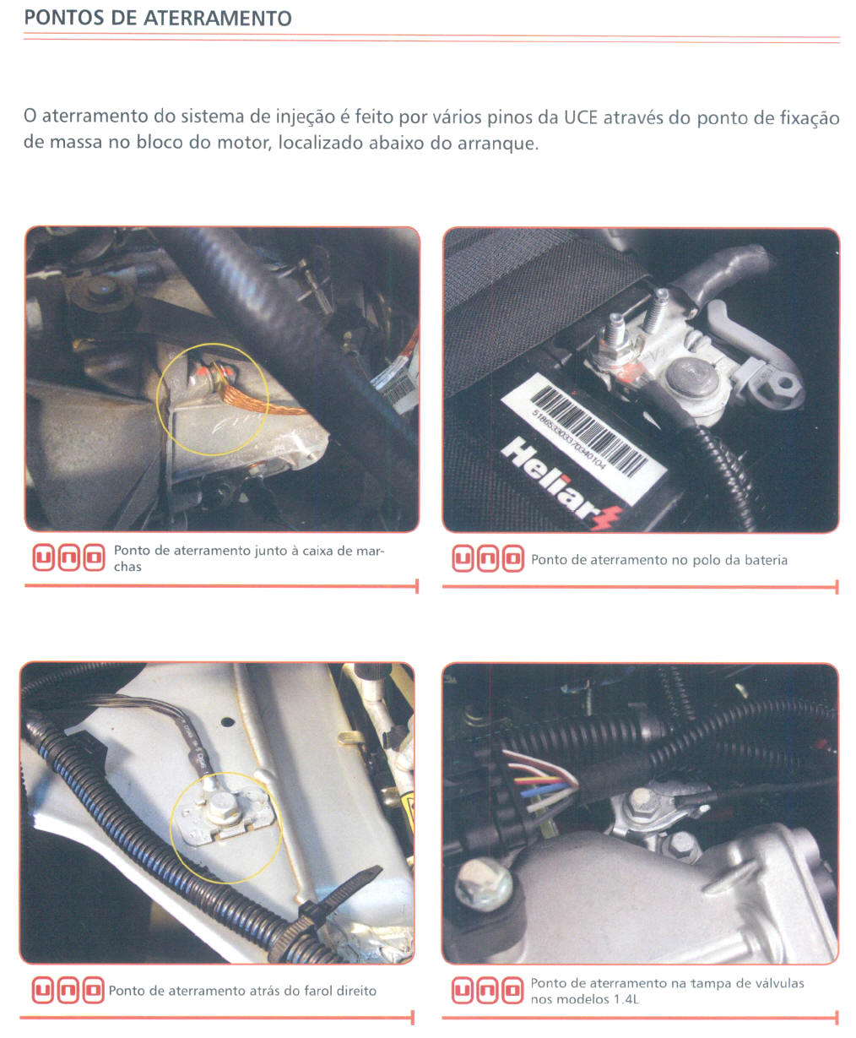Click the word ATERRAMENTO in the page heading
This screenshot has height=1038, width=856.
217,19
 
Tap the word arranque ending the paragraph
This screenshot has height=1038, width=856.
498,144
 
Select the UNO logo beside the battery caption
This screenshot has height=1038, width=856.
488,559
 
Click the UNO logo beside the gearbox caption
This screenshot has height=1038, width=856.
69,557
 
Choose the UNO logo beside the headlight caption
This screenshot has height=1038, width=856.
68,990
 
